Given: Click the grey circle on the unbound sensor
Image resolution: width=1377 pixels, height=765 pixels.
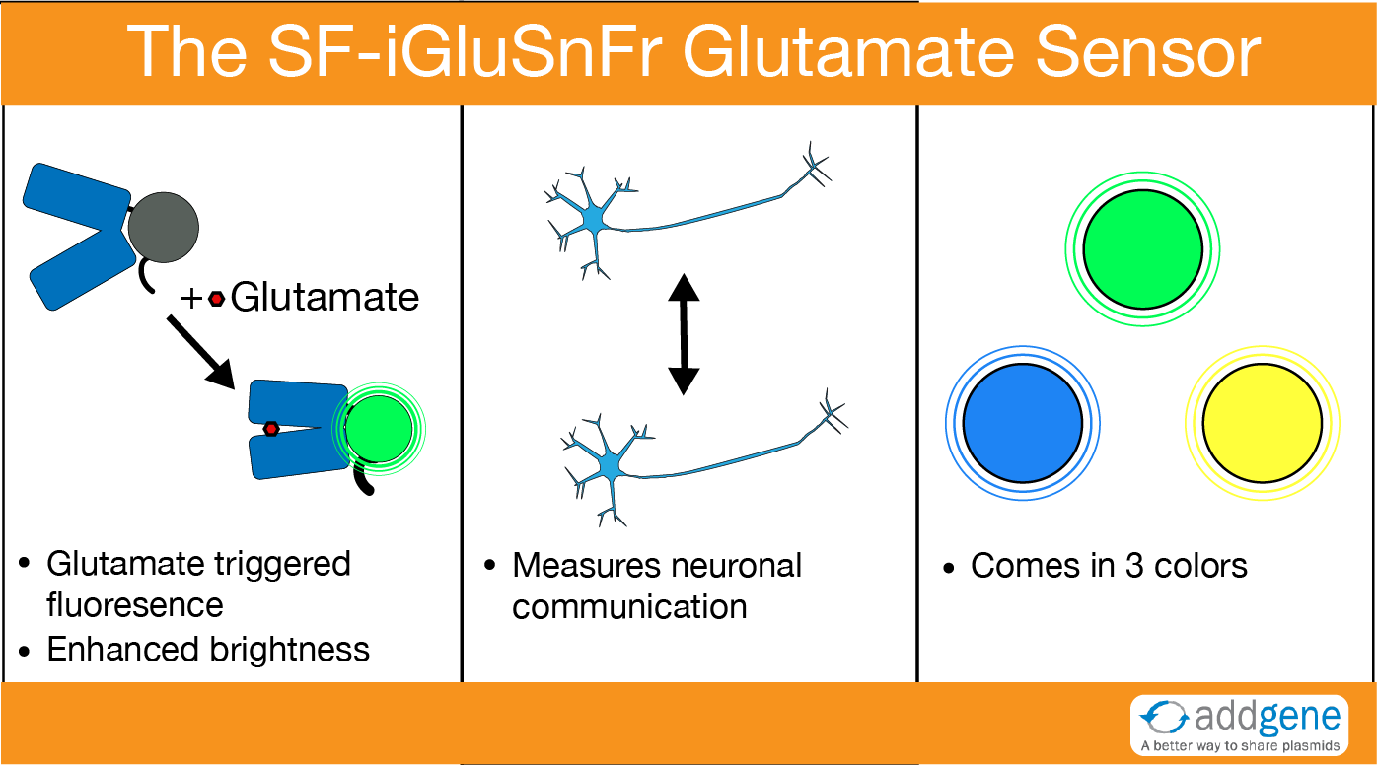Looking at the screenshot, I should pos(164,228).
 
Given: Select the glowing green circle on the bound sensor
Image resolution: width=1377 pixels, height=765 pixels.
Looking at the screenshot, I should pos(380,427).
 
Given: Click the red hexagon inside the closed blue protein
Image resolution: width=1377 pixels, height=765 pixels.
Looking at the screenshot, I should pos(271,428).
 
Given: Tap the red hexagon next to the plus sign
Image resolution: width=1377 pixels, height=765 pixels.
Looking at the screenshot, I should pos(216,298).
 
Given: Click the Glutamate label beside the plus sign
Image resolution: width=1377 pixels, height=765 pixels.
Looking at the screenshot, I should pos(325,297).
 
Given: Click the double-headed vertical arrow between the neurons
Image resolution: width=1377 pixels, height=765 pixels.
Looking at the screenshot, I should pos(684,334).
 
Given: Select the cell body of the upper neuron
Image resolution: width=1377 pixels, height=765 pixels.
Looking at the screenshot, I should pos(595,217).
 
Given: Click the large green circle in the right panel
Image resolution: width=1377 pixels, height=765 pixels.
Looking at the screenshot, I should pos(1142,249).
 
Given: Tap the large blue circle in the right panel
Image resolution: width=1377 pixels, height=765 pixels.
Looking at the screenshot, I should pos(1023,422).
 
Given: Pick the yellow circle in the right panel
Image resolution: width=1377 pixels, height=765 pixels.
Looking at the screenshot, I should pos(1263,422).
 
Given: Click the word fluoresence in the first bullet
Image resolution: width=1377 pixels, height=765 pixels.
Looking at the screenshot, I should pos(135,604).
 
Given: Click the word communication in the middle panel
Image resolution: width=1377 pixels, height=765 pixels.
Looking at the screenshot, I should pos(629,606).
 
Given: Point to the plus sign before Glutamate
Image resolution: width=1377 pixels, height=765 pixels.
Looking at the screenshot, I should pos(192,298).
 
